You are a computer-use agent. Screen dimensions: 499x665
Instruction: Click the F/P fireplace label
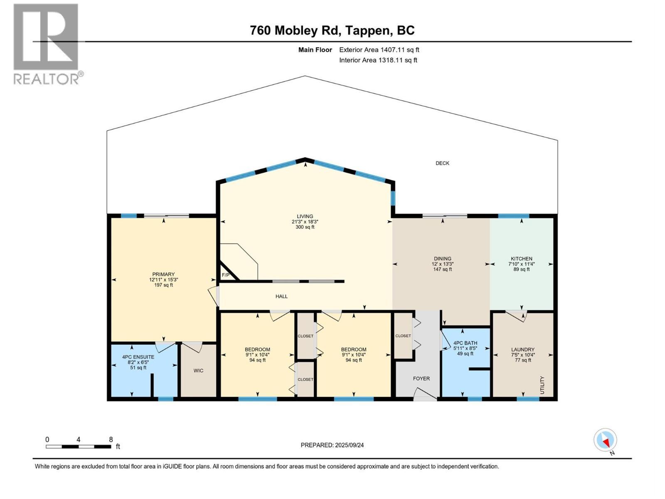[225, 275]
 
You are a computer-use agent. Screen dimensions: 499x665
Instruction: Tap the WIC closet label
[198, 371]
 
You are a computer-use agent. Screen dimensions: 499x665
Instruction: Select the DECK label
[442, 163]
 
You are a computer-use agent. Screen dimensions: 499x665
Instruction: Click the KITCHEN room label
[521, 258]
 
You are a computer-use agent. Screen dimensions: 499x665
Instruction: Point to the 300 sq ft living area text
[305, 227]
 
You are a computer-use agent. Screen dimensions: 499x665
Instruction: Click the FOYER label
[421, 378]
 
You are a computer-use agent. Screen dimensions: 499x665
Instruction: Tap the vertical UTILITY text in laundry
[542, 385]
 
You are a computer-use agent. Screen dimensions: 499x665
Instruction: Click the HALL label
[281, 296]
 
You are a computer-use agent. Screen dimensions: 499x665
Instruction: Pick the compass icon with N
[606, 440]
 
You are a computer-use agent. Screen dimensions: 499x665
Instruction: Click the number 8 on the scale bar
[111, 440]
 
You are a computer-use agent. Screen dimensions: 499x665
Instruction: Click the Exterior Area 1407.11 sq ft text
[379, 49]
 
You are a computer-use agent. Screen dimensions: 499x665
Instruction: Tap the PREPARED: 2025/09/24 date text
[332, 445]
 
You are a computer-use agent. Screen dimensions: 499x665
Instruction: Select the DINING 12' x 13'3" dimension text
[442, 264]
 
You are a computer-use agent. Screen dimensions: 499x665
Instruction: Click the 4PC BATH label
[465, 343]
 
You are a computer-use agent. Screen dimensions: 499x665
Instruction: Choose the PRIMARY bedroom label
[163, 274]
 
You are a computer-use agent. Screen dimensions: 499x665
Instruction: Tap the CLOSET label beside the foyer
[403, 336]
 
